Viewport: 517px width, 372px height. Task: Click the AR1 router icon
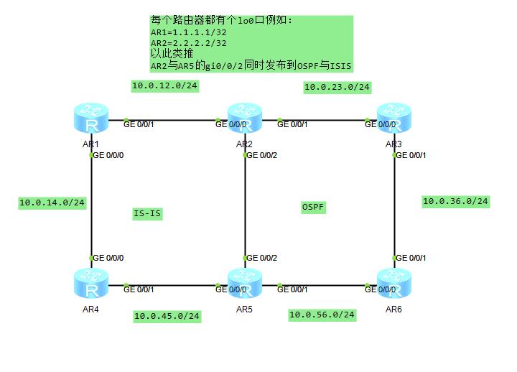click(x=91, y=118)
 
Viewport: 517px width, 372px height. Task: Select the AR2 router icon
click(x=245, y=118)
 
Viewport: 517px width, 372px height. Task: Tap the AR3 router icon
click(x=394, y=118)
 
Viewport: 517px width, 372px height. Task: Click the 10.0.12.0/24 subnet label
click(x=165, y=86)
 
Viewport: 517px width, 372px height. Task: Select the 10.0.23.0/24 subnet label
click(x=337, y=88)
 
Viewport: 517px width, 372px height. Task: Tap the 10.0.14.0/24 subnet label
click(x=52, y=203)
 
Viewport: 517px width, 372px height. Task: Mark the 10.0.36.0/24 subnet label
click(x=455, y=202)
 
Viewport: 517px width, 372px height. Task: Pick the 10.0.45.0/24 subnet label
click(x=167, y=316)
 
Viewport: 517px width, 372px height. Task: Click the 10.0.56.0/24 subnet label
click(x=322, y=315)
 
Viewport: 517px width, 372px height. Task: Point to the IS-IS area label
click(x=147, y=213)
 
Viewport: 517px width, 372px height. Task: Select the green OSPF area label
click(x=313, y=207)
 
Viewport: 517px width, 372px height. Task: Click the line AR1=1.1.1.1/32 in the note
click(x=188, y=32)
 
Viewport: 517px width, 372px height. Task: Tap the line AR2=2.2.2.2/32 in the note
click(x=188, y=43)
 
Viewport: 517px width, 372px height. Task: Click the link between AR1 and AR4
click(x=91, y=208)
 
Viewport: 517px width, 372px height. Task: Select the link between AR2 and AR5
click(x=245, y=208)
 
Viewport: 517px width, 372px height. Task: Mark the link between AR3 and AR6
click(x=394, y=208)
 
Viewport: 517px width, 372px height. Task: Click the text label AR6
click(x=393, y=310)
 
